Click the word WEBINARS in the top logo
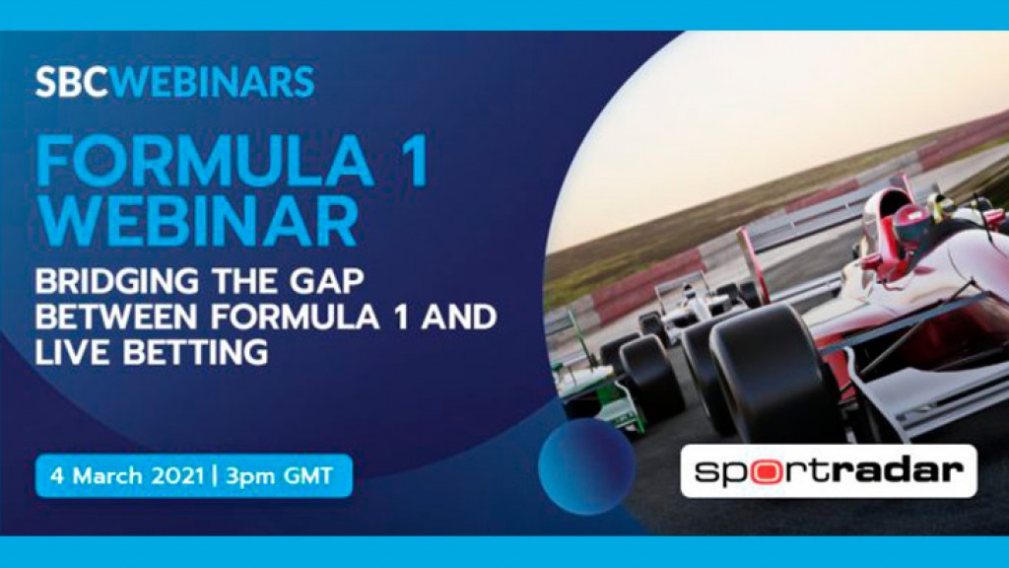[x=213, y=83]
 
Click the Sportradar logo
[x=828, y=470]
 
